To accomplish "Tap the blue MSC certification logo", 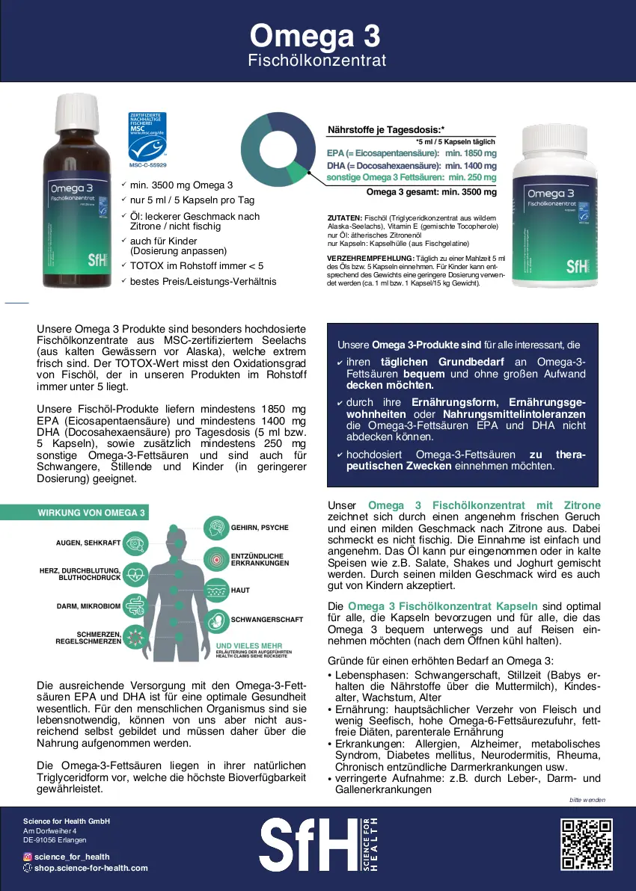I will (147, 135).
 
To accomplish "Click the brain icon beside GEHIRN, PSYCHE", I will (216, 528).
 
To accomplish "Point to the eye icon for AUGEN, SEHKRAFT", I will (135, 543).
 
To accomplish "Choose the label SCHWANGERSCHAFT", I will (267, 620).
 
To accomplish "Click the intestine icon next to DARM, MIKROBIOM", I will (135, 605).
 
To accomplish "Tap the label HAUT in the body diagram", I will (240, 590).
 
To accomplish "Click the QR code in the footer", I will (587, 844).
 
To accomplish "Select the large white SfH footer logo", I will (308, 844).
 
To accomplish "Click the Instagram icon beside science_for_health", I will (28, 857).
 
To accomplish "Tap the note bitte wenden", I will (587, 800).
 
